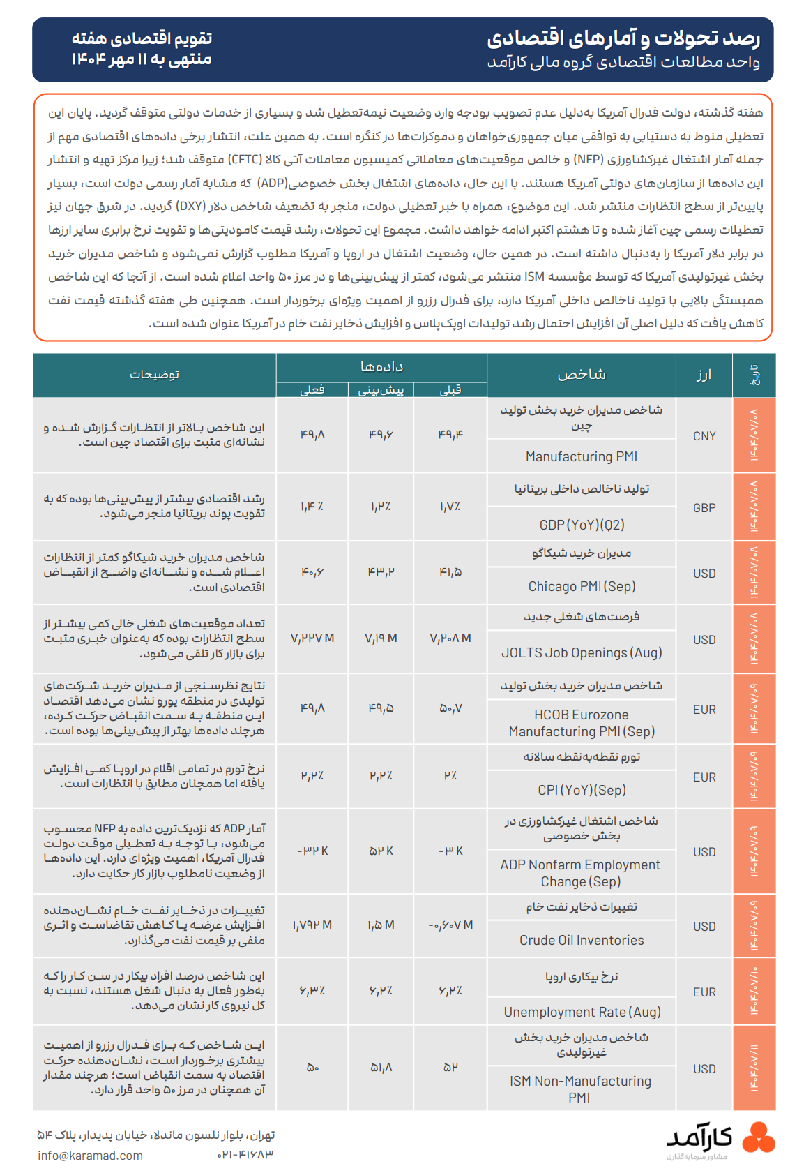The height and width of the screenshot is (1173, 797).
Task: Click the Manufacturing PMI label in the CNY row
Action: tap(581, 456)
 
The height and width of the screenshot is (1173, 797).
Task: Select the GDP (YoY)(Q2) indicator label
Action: tap(582, 525)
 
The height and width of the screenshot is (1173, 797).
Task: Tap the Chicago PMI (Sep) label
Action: tap(582, 586)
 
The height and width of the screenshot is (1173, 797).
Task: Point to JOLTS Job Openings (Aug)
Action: tap(582, 652)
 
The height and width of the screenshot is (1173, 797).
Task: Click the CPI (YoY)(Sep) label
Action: tap(582, 790)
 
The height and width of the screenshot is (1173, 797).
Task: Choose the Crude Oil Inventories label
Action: tap(582, 940)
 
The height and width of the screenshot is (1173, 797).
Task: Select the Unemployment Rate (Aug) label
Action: tap(582, 1012)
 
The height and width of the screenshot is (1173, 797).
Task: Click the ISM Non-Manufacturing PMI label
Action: tap(580, 1089)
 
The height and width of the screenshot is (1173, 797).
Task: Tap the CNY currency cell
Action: tap(704, 436)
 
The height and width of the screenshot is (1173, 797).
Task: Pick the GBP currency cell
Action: tap(704, 508)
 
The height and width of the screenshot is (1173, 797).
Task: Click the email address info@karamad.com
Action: tap(90, 1156)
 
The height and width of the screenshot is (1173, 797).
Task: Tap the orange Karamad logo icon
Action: tap(758, 1137)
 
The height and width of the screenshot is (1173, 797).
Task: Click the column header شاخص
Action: tap(582, 375)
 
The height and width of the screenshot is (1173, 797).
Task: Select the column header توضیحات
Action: tap(154, 375)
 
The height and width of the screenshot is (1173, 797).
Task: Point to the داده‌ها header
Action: tap(381, 366)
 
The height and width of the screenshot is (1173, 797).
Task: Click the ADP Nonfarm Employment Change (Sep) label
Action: tap(580, 873)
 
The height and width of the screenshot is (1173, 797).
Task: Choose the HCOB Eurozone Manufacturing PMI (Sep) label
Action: tap(582, 723)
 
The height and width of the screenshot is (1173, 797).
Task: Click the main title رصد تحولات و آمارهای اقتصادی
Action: tap(623, 38)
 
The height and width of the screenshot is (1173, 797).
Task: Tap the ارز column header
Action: tap(704, 375)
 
